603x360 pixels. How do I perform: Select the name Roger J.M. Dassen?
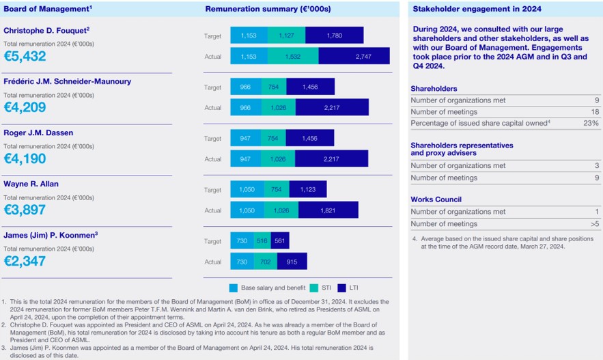click(38, 133)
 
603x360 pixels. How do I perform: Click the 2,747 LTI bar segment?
click(354, 57)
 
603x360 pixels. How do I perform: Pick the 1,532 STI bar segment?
click(293, 57)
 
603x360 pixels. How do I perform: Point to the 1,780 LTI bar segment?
click(334, 36)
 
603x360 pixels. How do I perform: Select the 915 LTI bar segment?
click(292, 262)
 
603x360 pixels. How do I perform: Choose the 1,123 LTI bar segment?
click(307, 190)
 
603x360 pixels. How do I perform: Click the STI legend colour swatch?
click(313, 288)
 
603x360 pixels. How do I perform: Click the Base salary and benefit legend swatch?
click(234, 288)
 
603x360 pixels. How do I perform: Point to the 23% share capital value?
click(591, 124)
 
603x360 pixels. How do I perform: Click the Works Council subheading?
click(436, 199)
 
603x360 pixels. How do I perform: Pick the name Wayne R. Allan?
click(31, 184)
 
